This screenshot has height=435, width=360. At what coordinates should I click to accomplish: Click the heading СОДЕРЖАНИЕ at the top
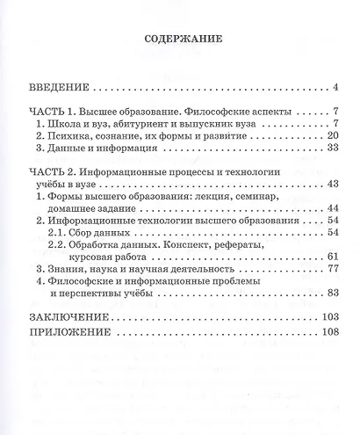[179, 40]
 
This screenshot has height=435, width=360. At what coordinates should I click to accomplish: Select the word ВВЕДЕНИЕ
[58, 88]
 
